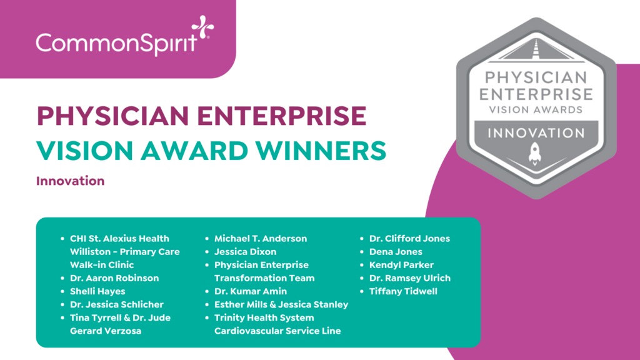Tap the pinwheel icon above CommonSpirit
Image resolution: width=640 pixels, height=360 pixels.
click(x=202, y=27)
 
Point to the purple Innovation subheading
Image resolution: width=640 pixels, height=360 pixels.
click(x=70, y=181)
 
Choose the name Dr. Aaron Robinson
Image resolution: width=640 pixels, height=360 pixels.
click(x=114, y=278)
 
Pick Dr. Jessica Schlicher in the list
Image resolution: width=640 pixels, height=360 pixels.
click(x=117, y=304)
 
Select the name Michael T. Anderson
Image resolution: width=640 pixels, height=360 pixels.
click(x=261, y=239)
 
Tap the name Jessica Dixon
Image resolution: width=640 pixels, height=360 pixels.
click(x=246, y=252)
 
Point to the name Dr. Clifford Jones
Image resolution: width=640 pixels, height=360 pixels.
click(x=409, y=239)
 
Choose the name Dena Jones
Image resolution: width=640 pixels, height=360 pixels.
click(x=396, y=252)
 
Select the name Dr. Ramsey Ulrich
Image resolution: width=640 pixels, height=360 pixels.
click(x=409, y=278)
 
